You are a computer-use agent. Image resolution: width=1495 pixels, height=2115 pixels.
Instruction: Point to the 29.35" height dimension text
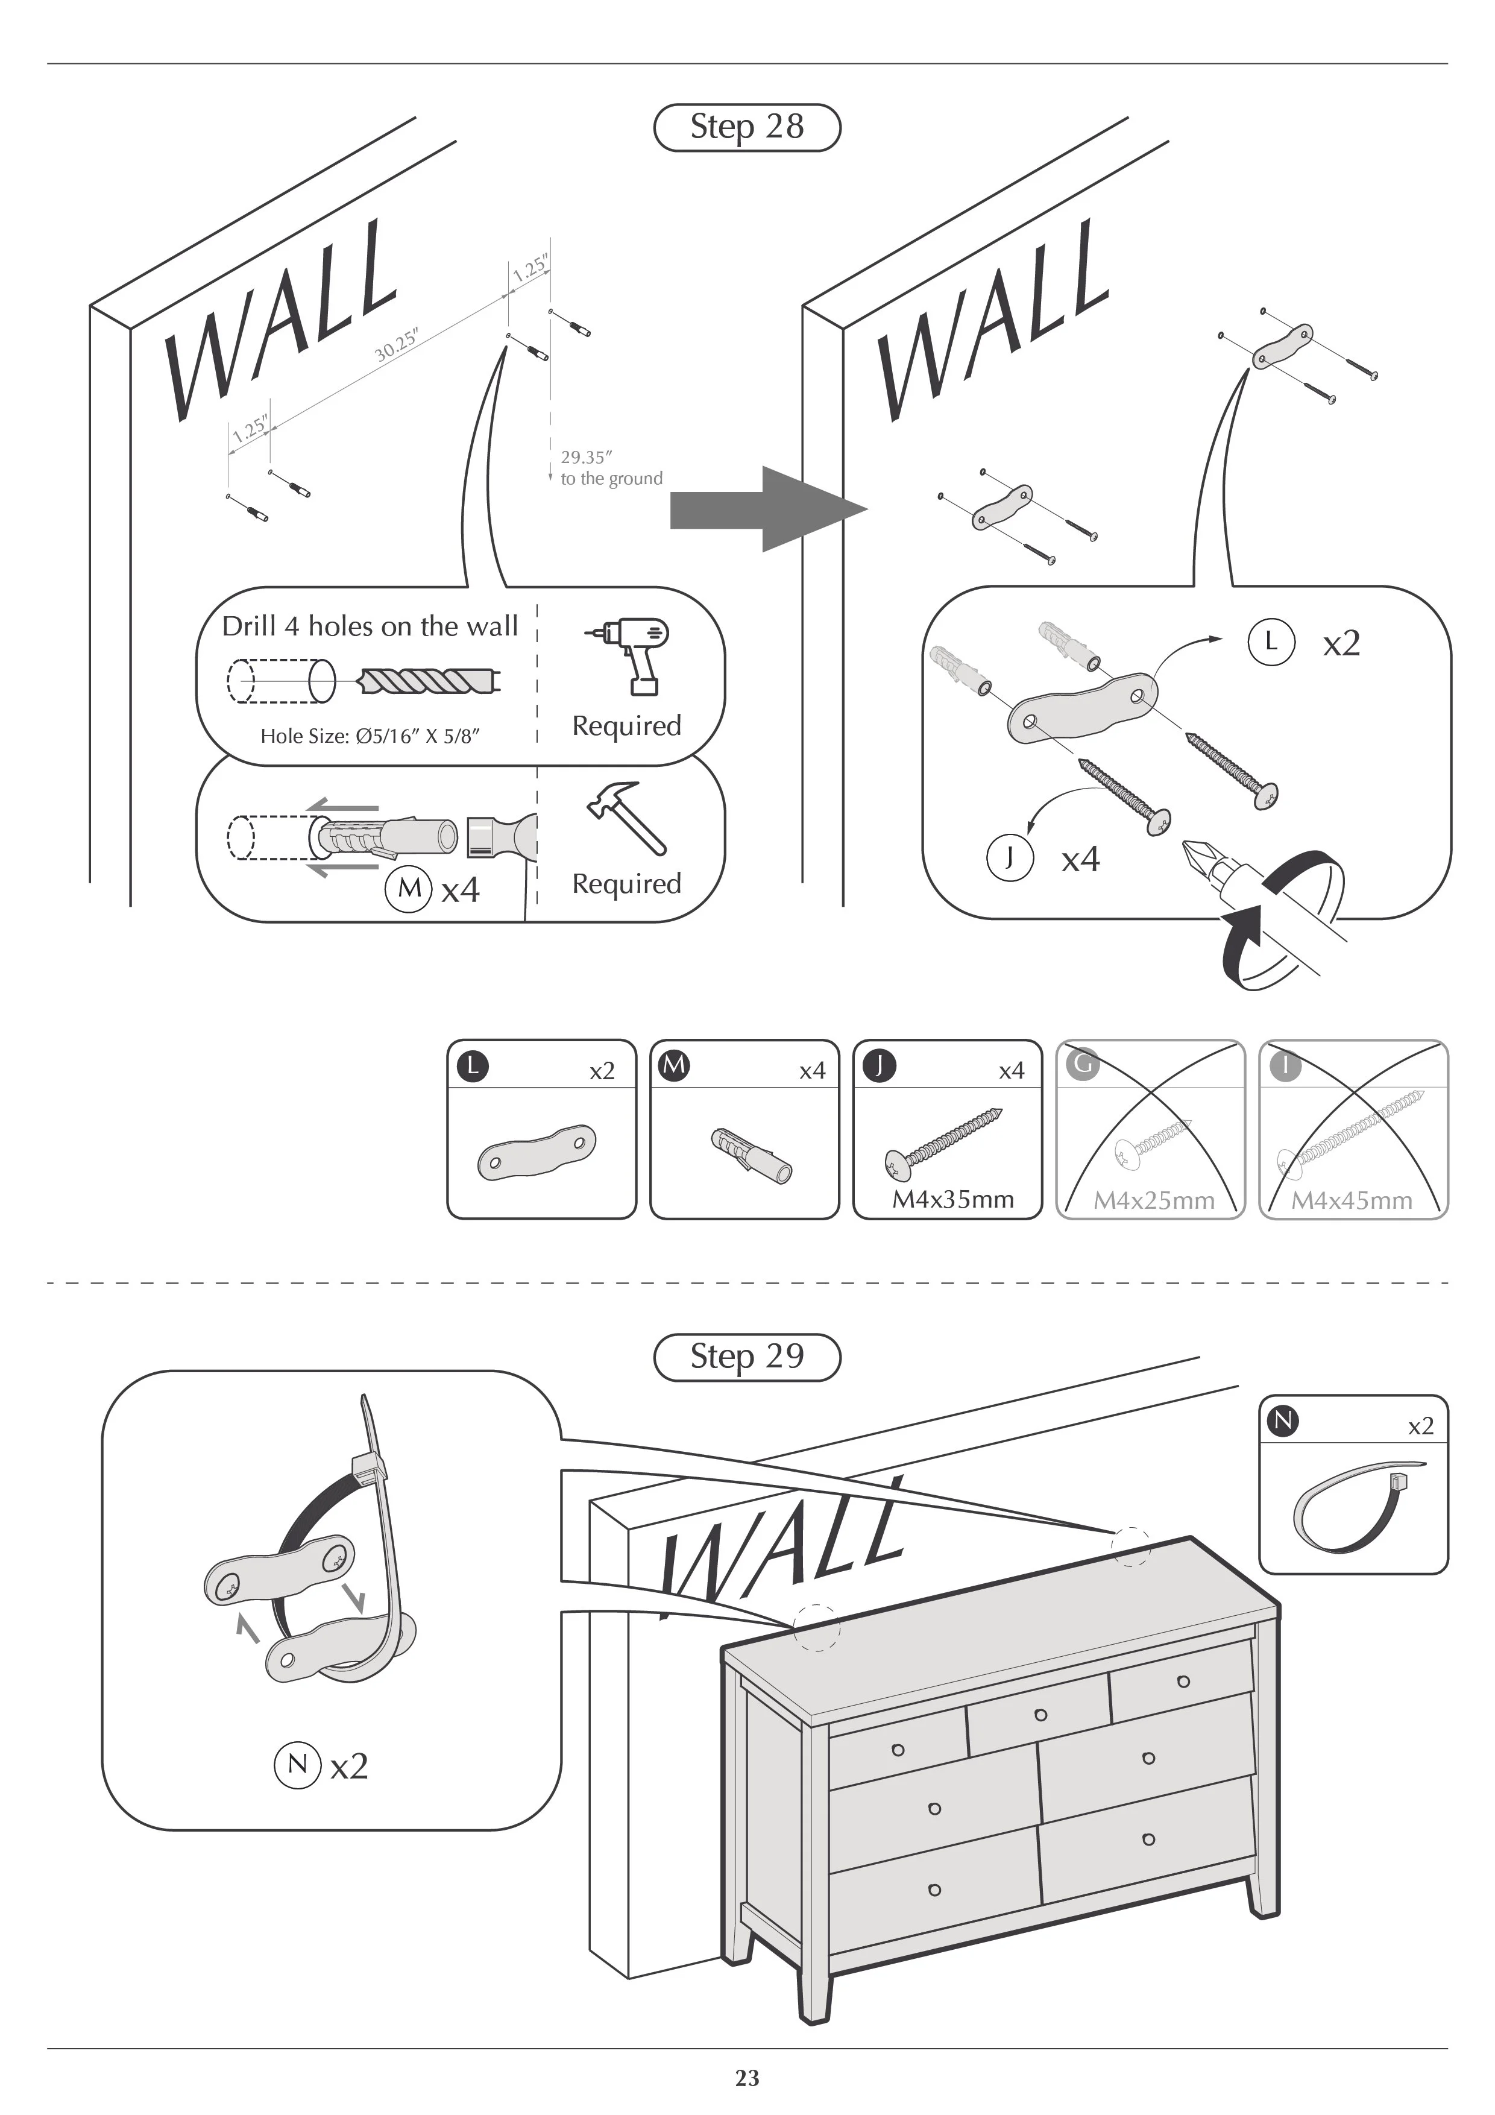[587, 457]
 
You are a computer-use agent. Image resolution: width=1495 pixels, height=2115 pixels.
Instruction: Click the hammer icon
[626, 816]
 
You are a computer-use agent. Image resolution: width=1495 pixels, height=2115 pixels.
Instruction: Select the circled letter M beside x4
[409, 889]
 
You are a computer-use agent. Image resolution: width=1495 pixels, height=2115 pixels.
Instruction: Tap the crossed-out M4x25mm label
[1153, 1200]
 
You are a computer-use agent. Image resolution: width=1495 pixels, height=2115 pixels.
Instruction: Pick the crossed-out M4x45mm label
[1352, 1200]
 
